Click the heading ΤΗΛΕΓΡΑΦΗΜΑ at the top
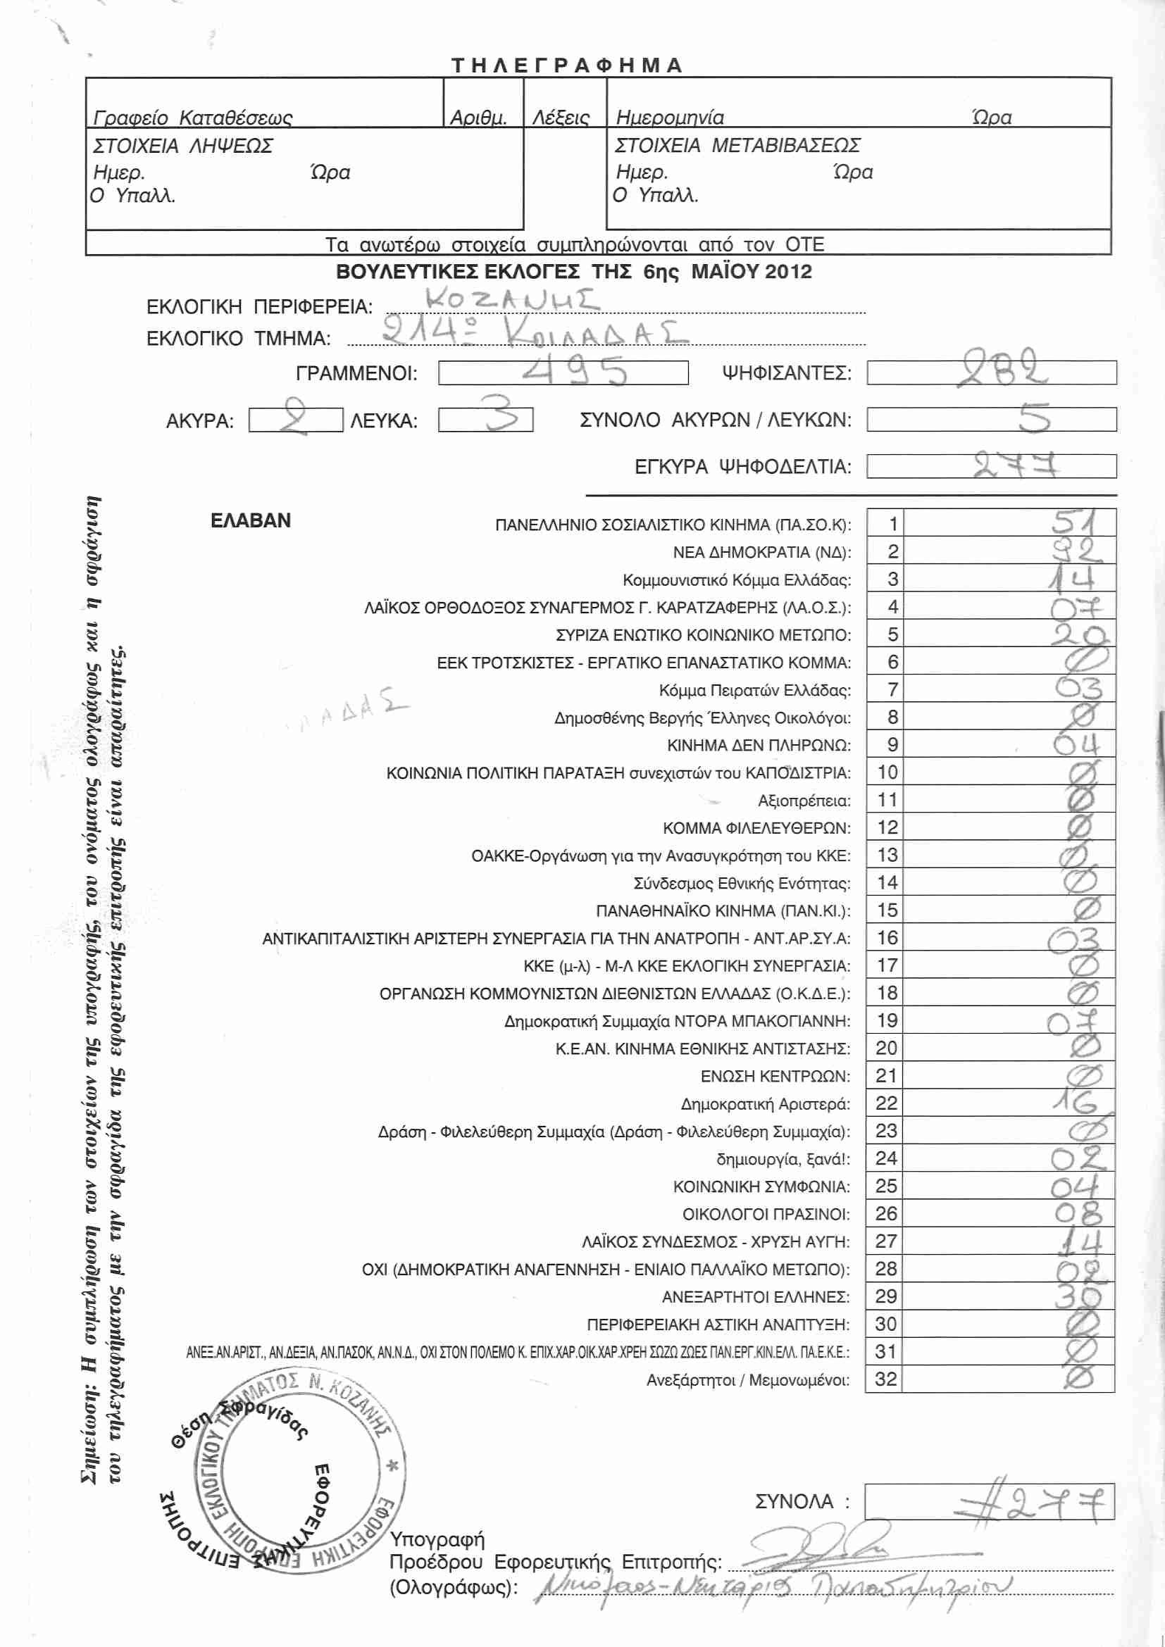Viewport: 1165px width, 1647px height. pos(567,65)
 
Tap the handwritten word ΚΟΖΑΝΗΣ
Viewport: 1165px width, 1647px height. pos(511,300)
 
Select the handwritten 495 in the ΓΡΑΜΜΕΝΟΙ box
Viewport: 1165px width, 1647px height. pos(574,372)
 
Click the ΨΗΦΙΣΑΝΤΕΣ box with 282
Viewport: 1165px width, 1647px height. pos(991,372)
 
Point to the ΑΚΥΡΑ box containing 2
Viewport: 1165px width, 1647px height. pos(296,420)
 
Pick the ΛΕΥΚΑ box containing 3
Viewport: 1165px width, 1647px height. pos(486,419)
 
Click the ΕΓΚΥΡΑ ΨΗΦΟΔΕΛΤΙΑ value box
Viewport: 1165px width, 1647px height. pos(991,466)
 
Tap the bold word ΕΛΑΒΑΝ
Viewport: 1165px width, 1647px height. pos(250,521)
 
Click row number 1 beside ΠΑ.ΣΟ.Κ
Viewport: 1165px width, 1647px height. pos(892,524)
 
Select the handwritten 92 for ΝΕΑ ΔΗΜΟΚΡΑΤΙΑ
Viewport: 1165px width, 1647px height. pos(1076,551)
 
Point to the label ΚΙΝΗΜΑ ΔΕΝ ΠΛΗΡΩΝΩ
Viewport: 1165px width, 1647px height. pos(759,745)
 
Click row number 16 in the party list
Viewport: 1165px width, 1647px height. pos(887,937)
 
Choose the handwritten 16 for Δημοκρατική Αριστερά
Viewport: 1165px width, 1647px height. pos(1074,1103)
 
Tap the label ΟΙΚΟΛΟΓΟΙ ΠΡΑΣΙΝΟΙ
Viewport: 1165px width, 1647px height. pos(766,1214)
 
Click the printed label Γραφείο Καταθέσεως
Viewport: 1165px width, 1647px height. pos(192,118)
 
